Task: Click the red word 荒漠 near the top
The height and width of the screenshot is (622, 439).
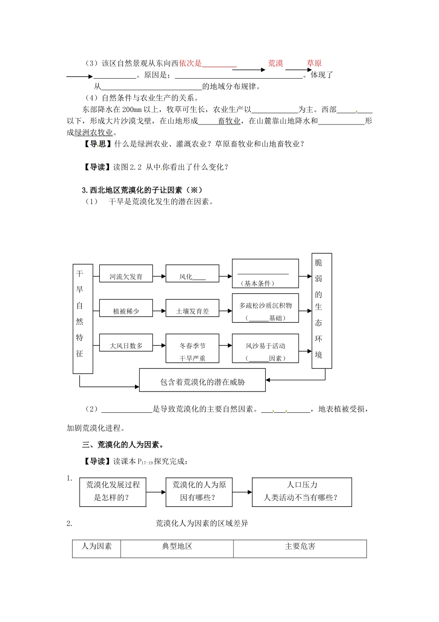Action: point(275,63)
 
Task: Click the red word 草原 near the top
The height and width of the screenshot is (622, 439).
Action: point(314,63)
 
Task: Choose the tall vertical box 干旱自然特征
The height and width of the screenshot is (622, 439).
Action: point(83,318)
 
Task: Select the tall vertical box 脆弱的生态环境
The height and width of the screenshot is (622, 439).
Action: point(322,311)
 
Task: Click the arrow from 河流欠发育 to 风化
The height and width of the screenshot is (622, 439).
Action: point(159,276)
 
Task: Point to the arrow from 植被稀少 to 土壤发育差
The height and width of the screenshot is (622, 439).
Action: point(159,311)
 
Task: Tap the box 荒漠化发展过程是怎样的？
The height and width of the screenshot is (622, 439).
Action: point(113,491)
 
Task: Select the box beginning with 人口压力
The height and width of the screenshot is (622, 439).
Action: point(302,491)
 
